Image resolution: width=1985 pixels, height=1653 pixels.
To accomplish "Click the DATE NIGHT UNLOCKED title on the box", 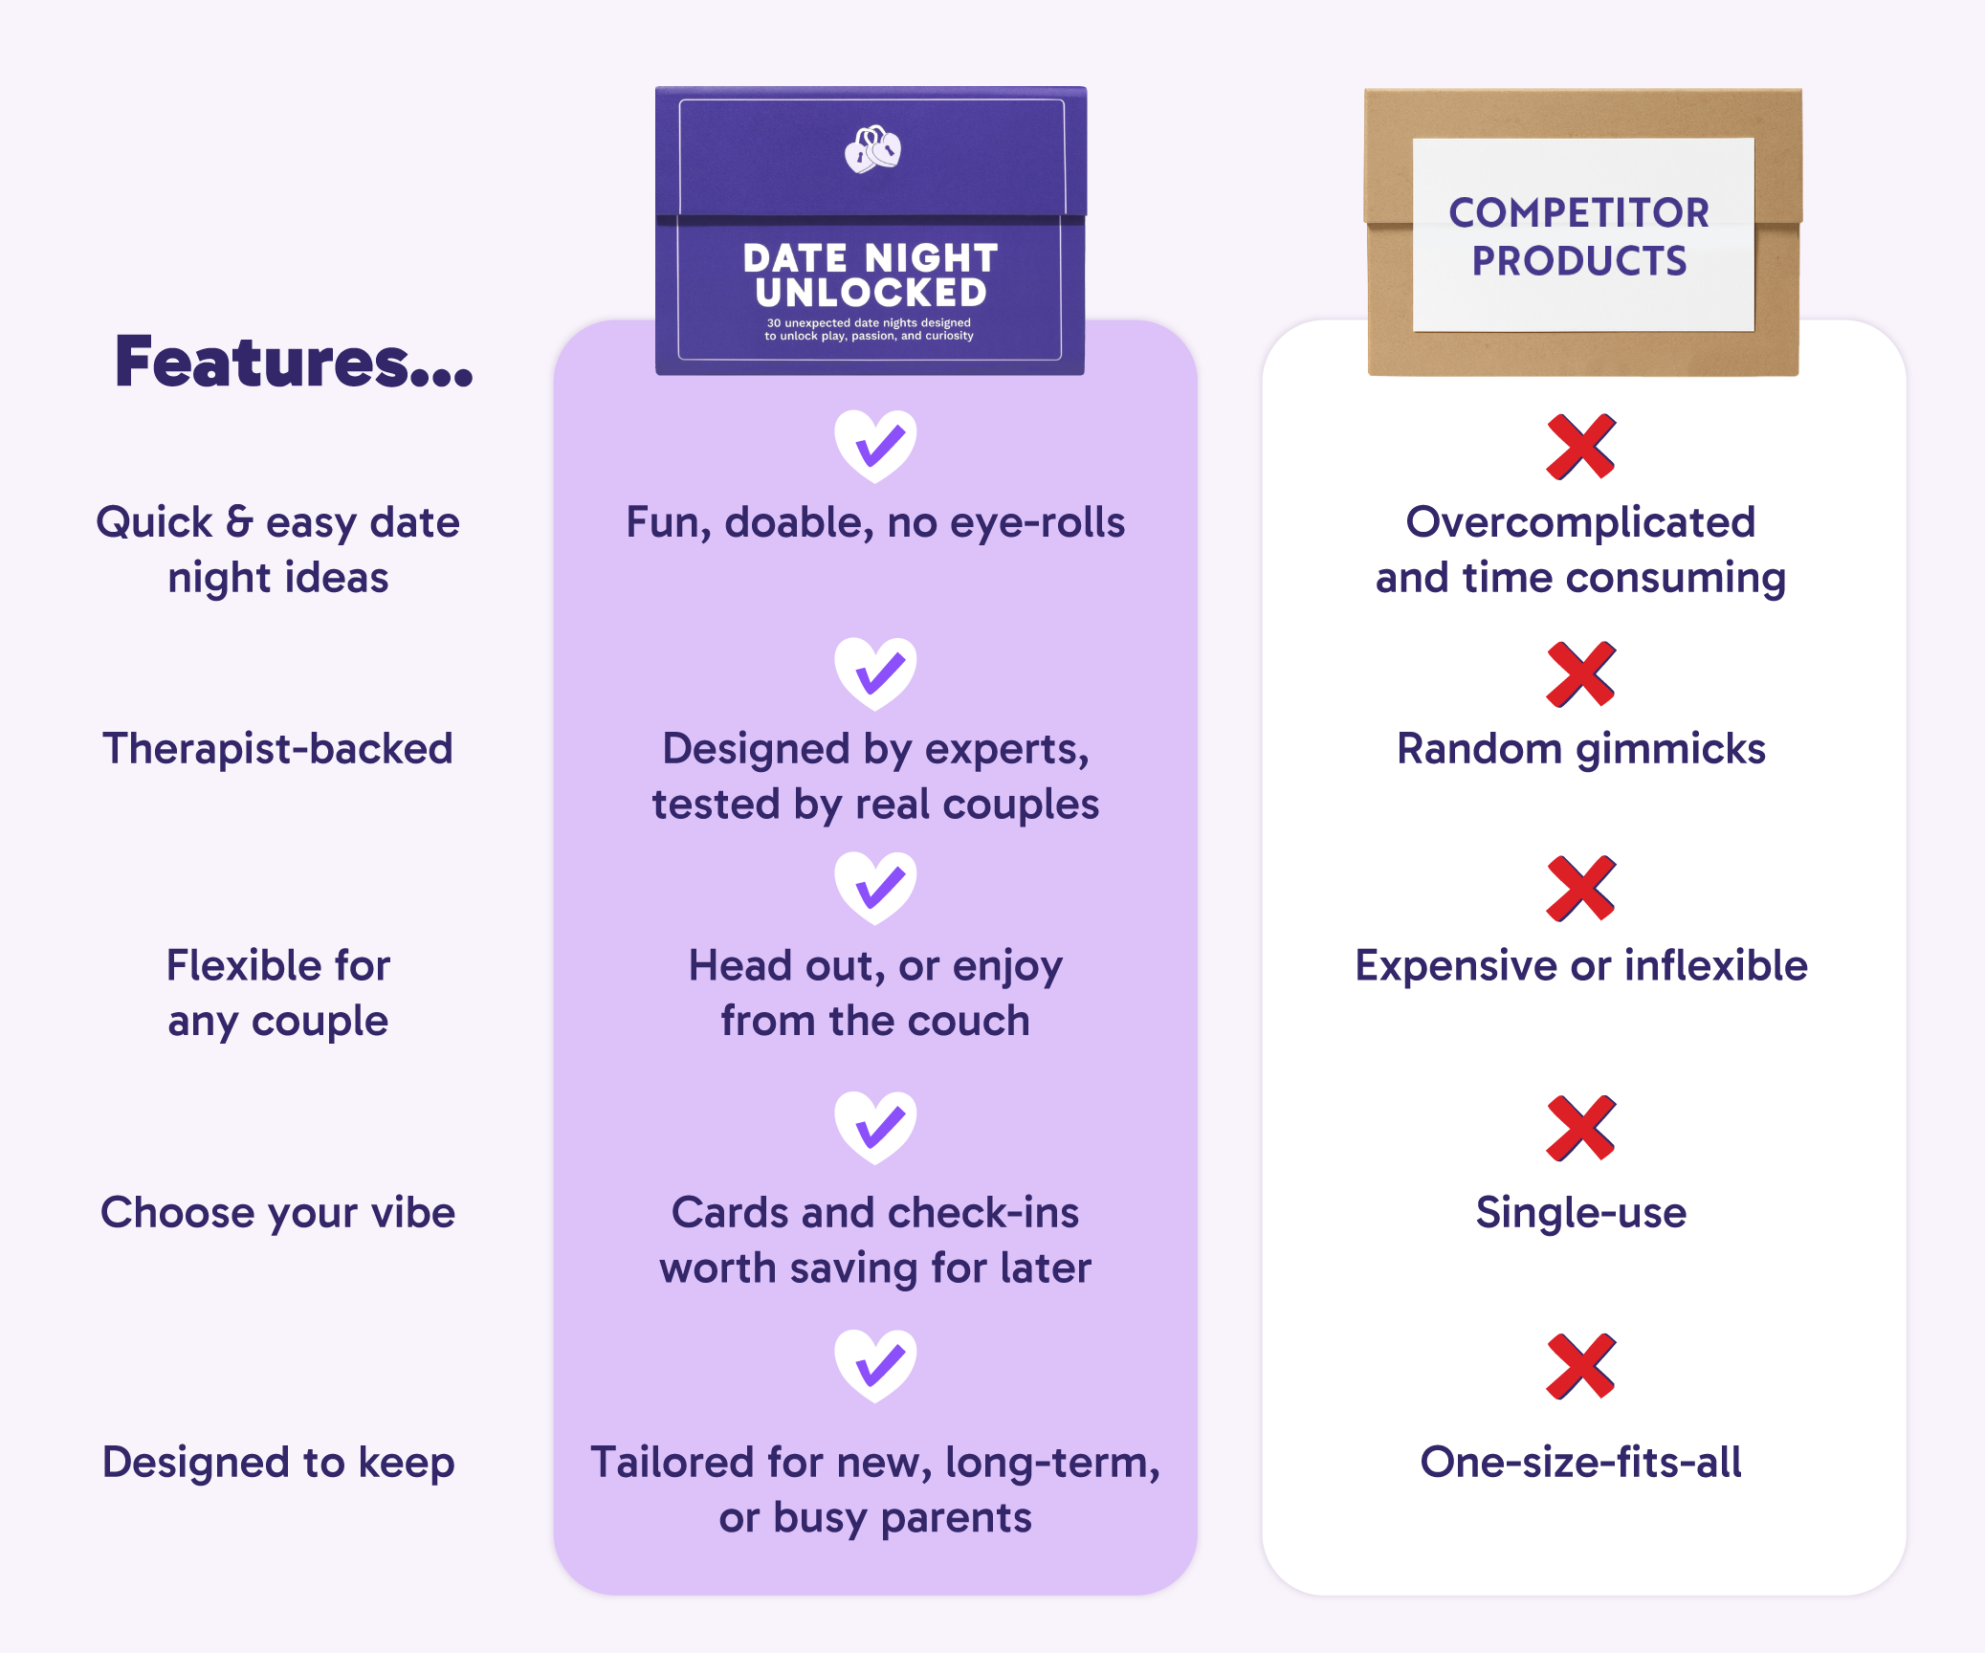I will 871,275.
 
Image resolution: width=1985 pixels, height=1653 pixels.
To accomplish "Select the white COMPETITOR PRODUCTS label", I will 1582,235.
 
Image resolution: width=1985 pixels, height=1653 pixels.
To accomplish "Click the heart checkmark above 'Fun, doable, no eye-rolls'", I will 875,445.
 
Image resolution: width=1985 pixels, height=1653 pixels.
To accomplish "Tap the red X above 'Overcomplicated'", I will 1580,447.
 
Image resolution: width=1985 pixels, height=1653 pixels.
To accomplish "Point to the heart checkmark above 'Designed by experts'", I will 875,672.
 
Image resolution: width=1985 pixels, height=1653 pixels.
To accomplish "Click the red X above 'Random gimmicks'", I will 1580,674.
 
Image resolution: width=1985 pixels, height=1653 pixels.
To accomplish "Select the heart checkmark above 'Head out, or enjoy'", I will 875,887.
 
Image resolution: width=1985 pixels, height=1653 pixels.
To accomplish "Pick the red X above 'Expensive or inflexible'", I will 1580,889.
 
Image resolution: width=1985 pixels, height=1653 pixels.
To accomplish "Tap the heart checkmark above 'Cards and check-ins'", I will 875,1126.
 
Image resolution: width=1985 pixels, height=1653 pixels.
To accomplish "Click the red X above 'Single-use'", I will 1580,1128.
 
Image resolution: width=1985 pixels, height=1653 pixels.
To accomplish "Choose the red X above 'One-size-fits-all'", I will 1580,1366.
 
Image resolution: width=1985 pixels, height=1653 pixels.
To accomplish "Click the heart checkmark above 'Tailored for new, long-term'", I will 875,1364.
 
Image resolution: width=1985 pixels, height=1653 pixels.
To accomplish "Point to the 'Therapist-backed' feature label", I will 277,748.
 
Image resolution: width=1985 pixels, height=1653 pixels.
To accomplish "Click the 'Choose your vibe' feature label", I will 277,1213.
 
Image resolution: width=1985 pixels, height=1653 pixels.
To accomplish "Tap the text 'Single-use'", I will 1580,1213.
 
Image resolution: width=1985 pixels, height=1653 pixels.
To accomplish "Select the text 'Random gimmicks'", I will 1580,748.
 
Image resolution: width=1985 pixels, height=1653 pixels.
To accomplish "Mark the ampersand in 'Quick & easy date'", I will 239,521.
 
